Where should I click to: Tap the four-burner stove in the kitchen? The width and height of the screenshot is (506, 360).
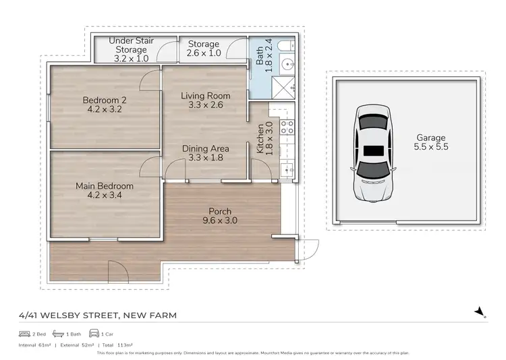[285, 125]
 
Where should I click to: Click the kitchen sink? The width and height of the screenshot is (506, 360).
[286, 169]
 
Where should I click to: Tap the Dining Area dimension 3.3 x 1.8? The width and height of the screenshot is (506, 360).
[206, 158]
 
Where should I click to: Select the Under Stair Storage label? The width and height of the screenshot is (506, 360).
[131, 45]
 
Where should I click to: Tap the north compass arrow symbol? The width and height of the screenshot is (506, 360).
[480, 311]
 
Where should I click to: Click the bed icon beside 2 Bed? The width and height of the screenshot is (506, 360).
[24, 334]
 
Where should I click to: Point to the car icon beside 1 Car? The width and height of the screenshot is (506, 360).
[94, 334]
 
